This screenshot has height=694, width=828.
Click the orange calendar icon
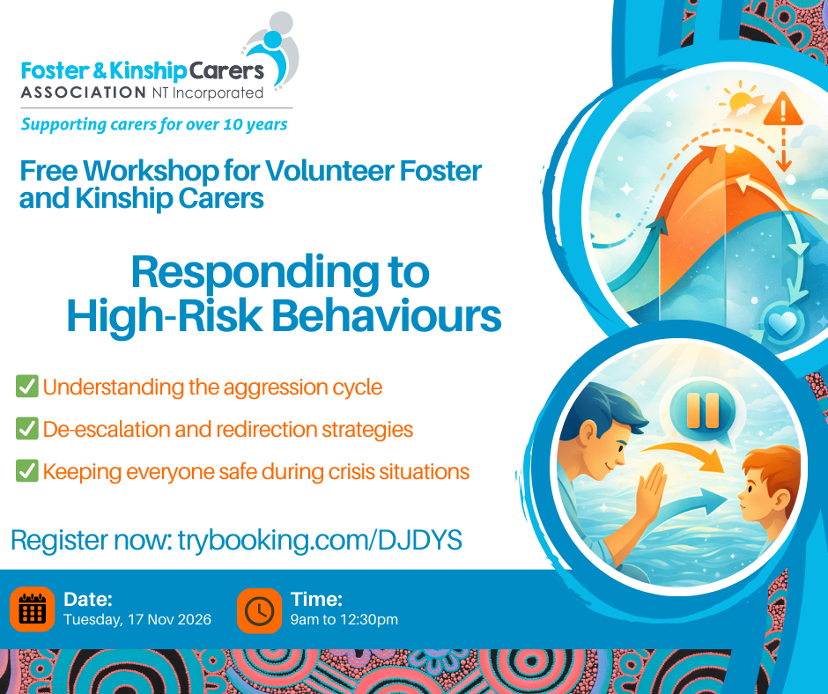tap(33, 609)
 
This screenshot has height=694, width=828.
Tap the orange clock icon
tap(259, 610)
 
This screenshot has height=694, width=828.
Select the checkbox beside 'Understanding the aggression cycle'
tap(27, 386)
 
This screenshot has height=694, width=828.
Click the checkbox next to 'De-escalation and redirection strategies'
tap(27, 428)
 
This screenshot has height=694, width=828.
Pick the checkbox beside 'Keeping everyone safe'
tap(27, 470)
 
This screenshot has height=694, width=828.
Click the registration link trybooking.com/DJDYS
tap(320, 540)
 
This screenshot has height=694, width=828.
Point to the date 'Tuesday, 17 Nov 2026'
tap(137, 619)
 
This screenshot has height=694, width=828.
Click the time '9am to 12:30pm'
tap(344, 619)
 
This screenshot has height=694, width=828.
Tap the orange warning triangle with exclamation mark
tap(783, 110)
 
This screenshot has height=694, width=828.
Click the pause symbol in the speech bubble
tap(703, 410)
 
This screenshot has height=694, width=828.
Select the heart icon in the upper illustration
tap(782, 322)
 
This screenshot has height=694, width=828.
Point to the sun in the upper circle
tap(740, 100)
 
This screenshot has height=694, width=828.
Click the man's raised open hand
tap(650, 491)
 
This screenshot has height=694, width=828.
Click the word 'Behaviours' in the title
tap(386, 316)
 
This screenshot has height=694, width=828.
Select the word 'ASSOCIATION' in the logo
tap(84, 93)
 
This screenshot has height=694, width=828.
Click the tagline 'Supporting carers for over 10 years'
tap(154, 124)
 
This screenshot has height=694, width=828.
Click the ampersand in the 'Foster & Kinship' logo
tap(100, 70)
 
